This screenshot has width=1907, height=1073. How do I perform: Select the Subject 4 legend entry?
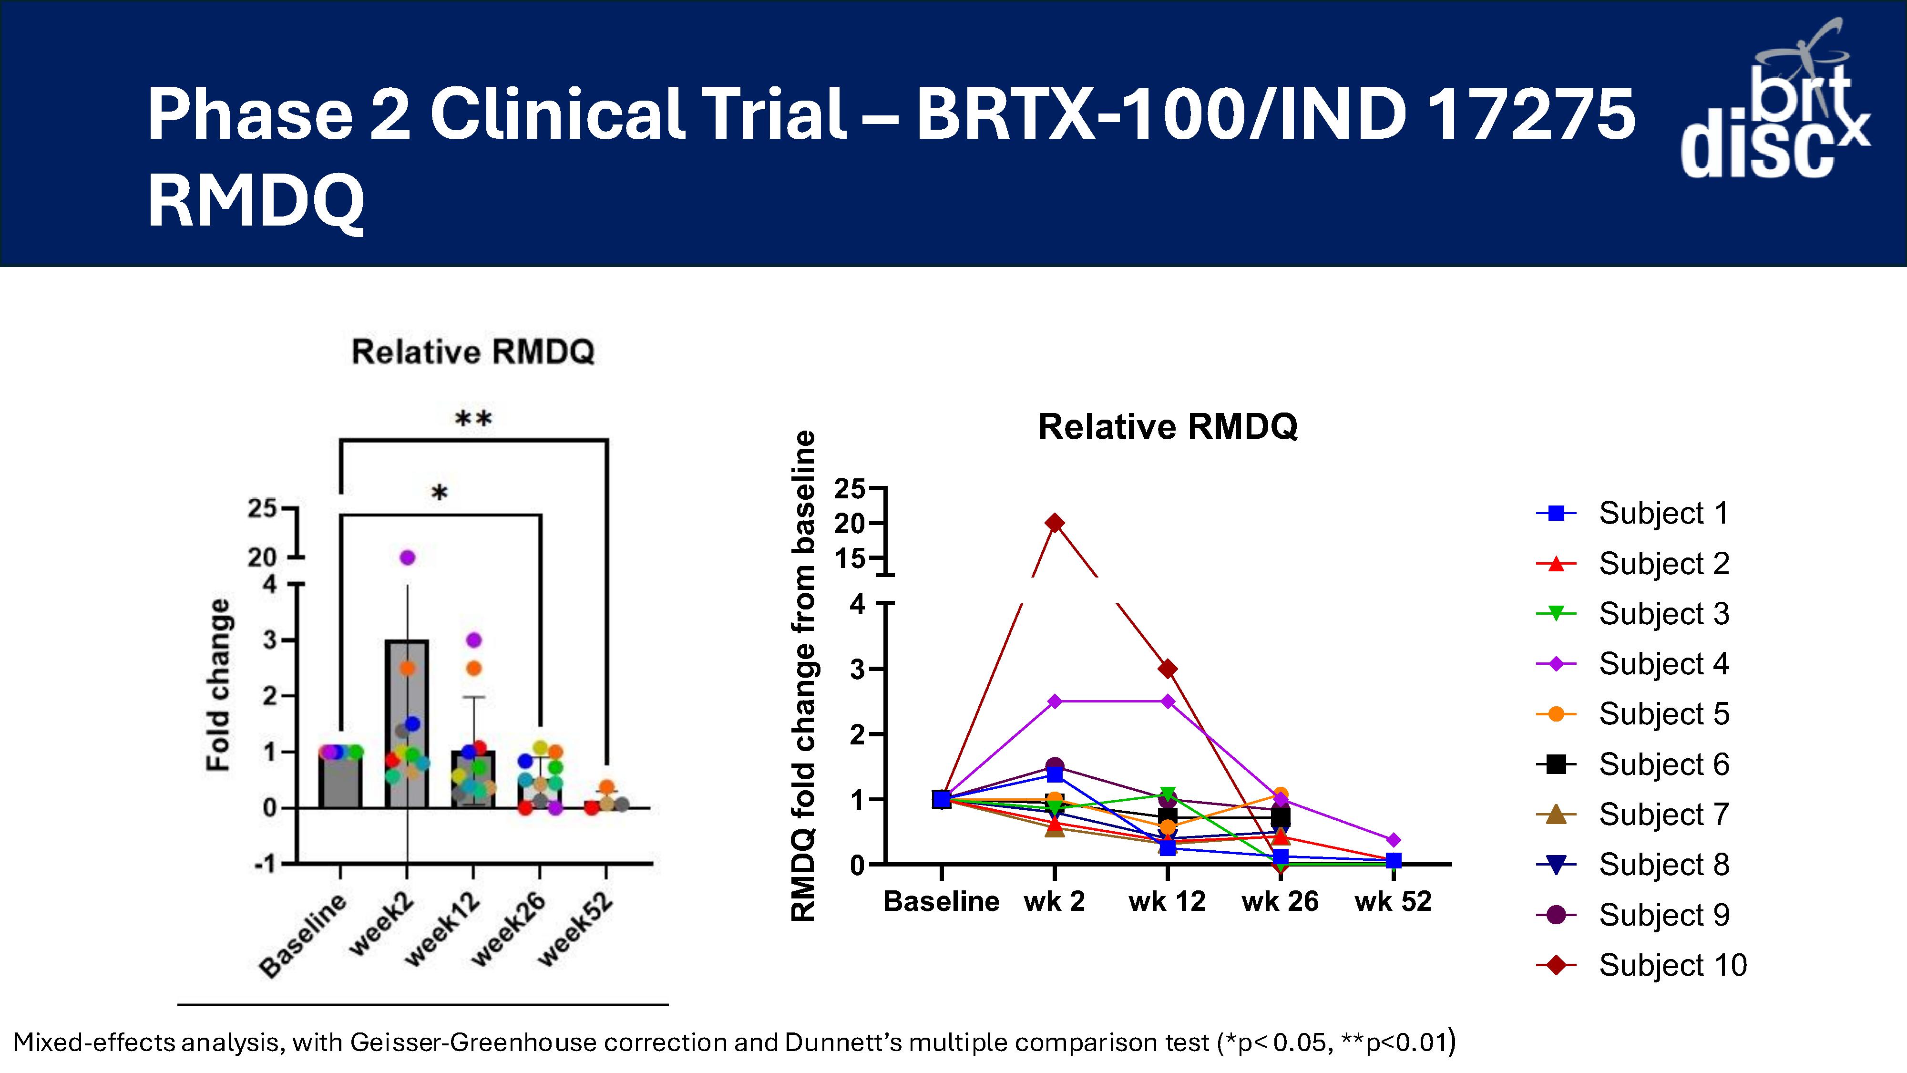tap(1632, 663)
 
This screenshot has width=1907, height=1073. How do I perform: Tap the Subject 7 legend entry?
tap(1632, 815)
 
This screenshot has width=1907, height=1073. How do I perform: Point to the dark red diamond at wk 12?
tap(1168, 669)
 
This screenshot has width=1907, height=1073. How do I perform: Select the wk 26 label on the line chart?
tap(1280, 901)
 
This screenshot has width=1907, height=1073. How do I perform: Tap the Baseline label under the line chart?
tap(941, 901)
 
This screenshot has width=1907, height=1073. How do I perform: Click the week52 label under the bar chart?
tap(575, 929)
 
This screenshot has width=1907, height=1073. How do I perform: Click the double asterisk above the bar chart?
tap(473, 419)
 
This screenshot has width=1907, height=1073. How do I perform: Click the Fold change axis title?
tap(218, 685)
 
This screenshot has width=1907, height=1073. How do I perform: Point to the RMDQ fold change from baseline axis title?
tap(803, 675)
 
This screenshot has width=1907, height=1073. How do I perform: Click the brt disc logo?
tap(1775, 100)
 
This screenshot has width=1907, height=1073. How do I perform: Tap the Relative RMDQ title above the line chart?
tap(1168, 426)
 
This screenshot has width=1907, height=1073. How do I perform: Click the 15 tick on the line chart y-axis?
tap(850, 558)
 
